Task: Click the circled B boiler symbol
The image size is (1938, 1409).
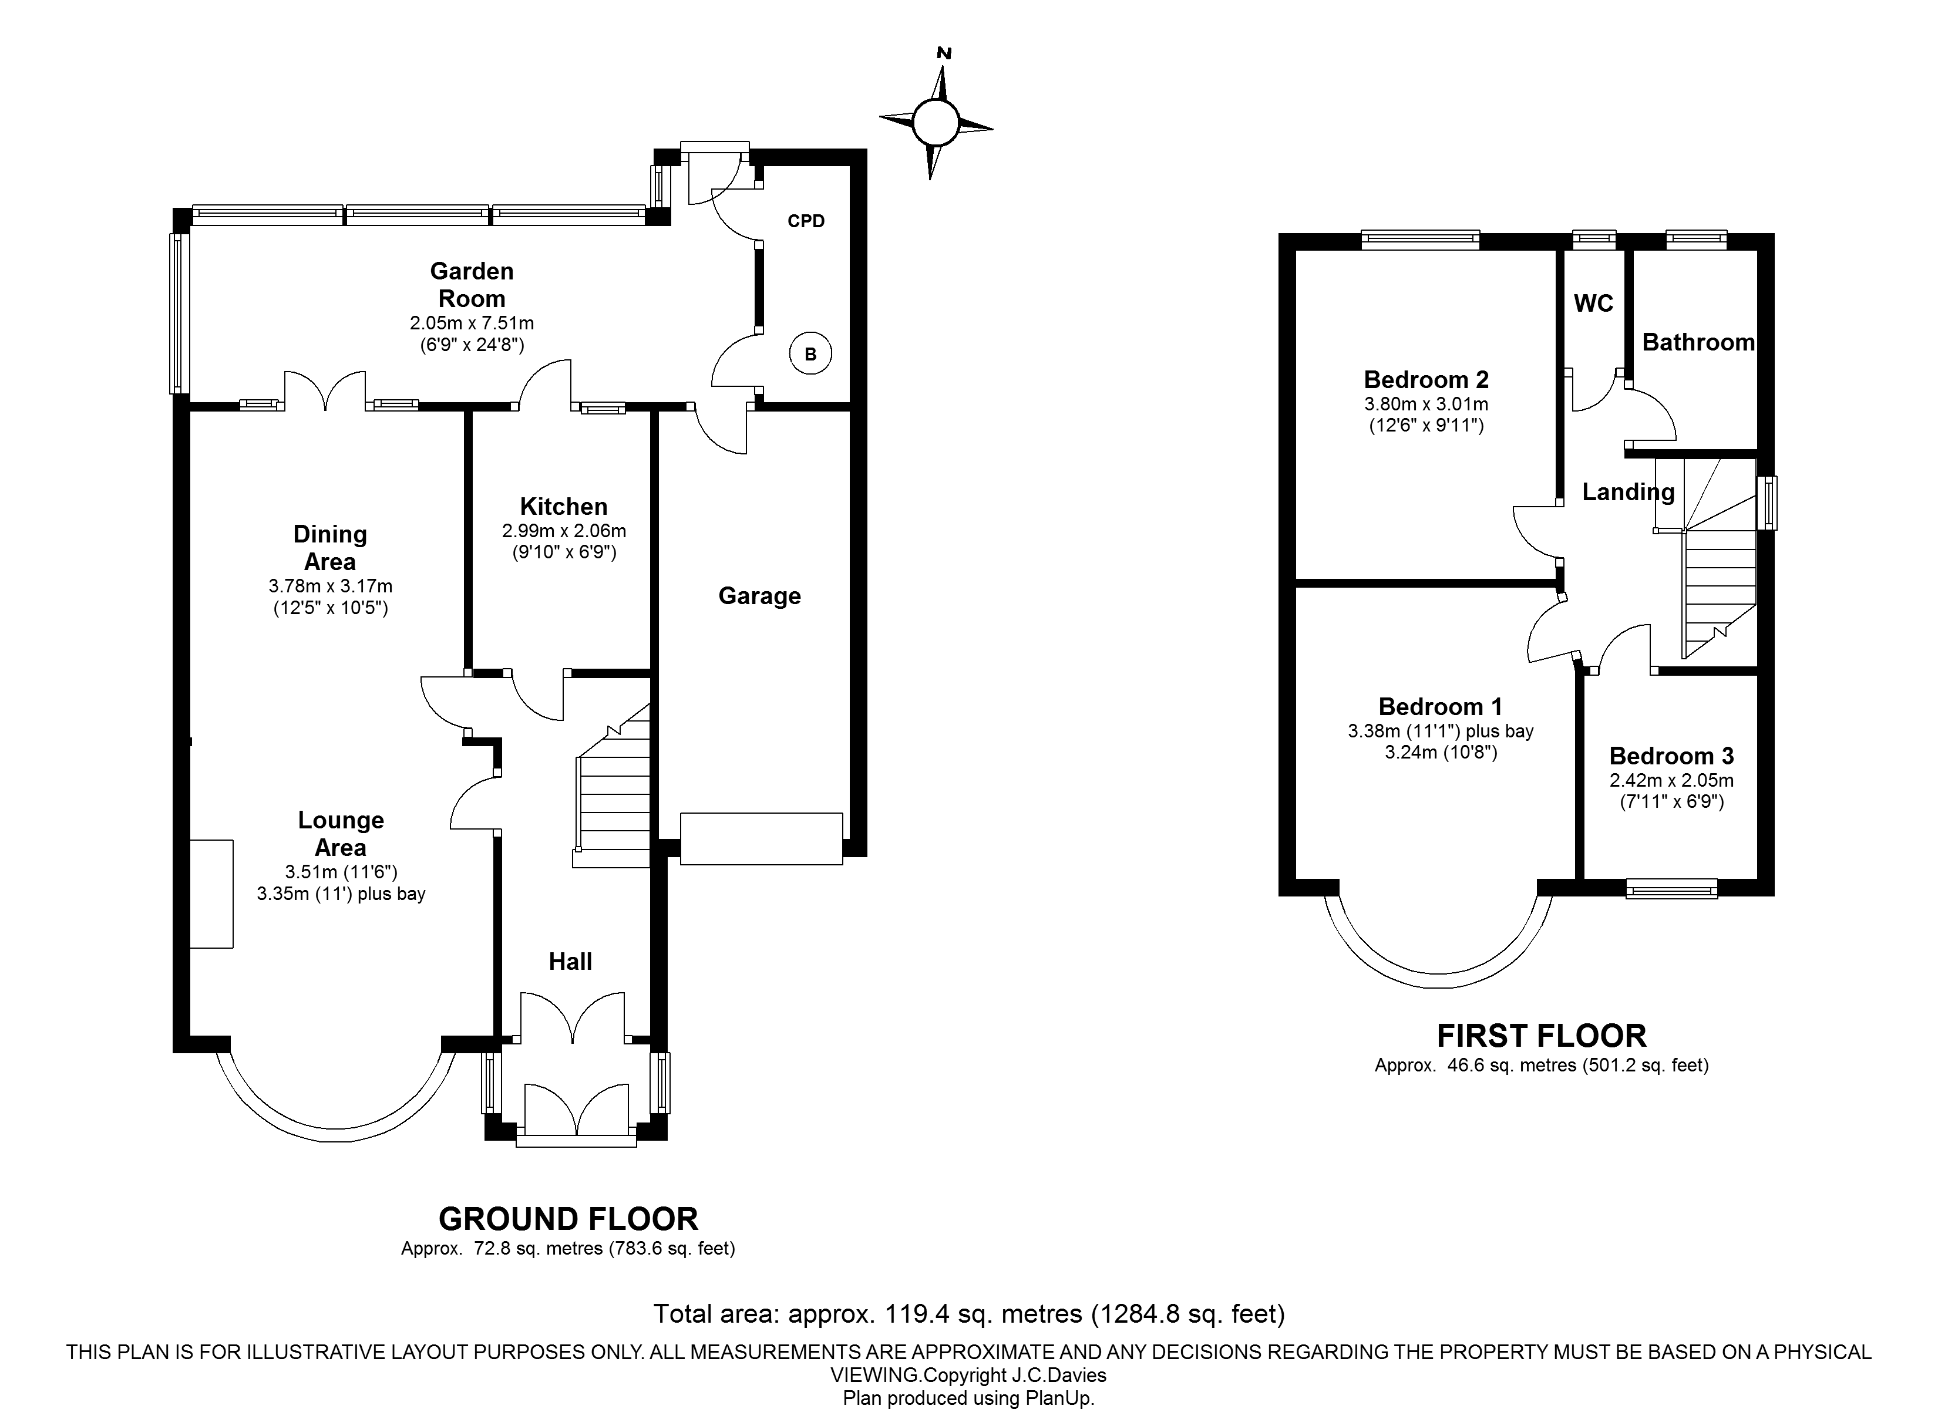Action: pos(810,354)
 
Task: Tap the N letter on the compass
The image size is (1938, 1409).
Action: pos(944,53)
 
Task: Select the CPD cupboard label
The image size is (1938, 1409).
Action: pos(806,221)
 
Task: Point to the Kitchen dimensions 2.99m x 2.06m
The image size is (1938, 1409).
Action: pos(564,531)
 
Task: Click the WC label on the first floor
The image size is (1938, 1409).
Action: pos(1594,304)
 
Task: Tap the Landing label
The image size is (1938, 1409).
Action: pos(1628,492)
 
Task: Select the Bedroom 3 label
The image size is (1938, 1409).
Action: pos(1671,756)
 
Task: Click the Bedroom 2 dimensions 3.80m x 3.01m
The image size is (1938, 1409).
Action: pos(1426,404)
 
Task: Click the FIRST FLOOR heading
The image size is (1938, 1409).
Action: pos(1542,1036)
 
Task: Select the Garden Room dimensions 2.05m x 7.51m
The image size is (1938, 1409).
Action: pos(472,323)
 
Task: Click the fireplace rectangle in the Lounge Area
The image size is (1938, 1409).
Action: pos(211,894)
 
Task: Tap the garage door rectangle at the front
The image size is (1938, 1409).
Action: pos(761,839)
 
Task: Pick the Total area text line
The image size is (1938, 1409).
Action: pos(969,1313)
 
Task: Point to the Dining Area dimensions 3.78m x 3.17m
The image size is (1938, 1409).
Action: pos(330,586)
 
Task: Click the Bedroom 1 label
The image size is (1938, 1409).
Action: pos(1441,707)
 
